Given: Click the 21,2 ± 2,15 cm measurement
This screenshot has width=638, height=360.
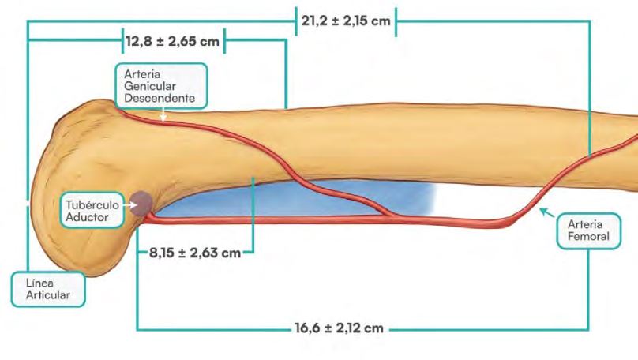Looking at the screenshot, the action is [346, 21].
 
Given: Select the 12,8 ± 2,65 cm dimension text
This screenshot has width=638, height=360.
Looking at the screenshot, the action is [172, 41].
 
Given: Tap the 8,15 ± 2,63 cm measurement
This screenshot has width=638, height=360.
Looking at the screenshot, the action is [195, 253].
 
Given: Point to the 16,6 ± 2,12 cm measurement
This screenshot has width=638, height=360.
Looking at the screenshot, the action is [339, 328].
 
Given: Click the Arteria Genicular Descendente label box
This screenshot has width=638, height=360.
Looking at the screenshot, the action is [161, 86].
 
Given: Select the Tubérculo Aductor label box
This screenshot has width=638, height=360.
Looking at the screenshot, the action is [92, 210].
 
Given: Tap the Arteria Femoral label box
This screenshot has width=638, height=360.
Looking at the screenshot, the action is [588, 231].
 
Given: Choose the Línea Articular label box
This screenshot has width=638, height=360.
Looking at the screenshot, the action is [48, 289].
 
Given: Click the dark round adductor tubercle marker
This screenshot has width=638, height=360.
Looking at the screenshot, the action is [141, 203].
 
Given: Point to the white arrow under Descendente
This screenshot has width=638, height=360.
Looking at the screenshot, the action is [163, 114].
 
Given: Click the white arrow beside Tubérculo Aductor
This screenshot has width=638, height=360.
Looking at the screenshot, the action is [129, 205].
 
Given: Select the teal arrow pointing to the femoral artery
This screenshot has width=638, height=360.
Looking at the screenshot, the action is [547, 212].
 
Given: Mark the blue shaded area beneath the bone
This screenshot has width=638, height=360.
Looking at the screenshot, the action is [293, 198].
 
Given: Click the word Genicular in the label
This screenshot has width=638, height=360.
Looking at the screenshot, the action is [150, 86].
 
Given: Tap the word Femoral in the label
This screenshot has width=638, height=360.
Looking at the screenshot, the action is [588, 236].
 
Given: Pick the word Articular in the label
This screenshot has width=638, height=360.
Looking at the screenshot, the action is [48, 295].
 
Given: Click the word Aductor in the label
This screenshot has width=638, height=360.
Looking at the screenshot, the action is [87, 217].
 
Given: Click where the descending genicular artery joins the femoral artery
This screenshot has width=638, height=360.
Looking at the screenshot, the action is [392, 216].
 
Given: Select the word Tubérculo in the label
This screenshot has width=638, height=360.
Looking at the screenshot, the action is [92, 204].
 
